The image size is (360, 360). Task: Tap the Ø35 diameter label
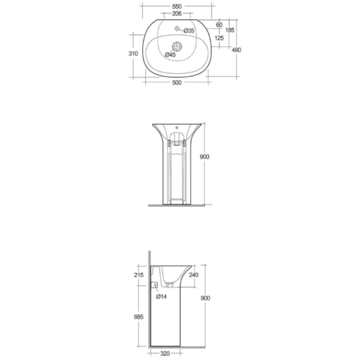188,30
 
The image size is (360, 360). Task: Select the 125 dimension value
219,38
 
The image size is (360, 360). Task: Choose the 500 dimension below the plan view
176,83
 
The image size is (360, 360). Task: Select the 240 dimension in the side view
193,276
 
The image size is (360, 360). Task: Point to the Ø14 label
161,296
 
